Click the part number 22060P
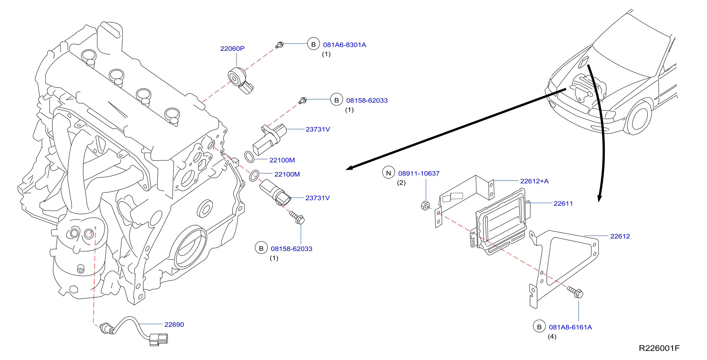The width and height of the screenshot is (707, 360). point(232,49)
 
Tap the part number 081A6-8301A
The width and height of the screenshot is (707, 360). point(345,45)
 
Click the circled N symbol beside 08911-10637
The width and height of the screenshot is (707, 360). point(388,173)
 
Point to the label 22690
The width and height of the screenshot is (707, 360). point(174,324)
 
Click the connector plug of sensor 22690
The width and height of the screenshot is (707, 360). point(158,339)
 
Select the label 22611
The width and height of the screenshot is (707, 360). point(563,204)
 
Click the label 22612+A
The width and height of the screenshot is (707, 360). point(534,181)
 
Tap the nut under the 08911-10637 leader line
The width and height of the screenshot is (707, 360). point(425,205)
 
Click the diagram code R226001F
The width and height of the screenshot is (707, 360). point(659,348)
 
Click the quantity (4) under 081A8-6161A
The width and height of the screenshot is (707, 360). point(552,336)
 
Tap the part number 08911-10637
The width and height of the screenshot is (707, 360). point(419,173)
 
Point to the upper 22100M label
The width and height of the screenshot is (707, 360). point(282,160)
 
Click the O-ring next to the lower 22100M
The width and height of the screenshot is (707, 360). point(254,176)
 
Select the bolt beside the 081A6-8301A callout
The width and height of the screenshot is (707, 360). point(279,45)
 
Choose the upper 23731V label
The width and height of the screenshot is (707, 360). point(318,129)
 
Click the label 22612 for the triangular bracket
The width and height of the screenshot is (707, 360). point(620,236)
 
